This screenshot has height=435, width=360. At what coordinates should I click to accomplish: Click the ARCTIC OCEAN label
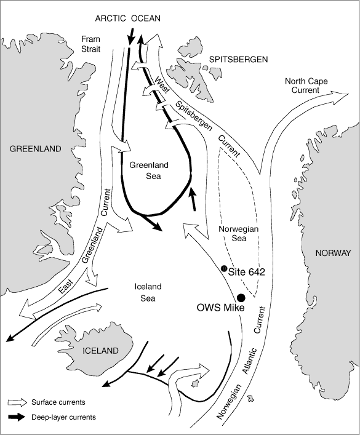pyautogui.click(x=127, y=18)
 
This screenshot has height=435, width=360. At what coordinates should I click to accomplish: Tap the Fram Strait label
pyautogui.click(x=90, y=44)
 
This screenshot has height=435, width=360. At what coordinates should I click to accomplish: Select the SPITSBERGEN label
pyautogui.click(x=238, y=59)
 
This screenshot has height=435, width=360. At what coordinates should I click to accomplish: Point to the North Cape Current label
pyautogui.click(x=306, y=86)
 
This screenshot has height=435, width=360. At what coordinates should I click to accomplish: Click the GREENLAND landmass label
pyautogui.click(x=36, y=149)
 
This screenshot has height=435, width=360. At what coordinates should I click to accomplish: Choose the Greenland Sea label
pyautogui.click(x=149, y=170)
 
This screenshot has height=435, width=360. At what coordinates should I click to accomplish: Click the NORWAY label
pyautogui.click(x=334, y=253)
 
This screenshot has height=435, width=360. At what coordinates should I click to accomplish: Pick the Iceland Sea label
pyautogui.click(x=148, y=292)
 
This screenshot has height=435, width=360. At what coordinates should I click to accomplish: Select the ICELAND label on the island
pyautogui.click(x=101, y=351)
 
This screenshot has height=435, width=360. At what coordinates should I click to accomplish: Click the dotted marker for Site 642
pyautogui.click(x=224, y=268)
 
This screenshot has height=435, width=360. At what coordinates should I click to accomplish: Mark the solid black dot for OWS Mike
pyautogui.click(x=241, y=298)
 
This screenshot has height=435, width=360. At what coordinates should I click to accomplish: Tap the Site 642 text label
pyautogui.click(x=247, y=272)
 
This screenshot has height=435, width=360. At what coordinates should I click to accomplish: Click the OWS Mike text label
pyautogui.click(x=221, y=308)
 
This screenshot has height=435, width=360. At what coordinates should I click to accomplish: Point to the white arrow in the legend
pyautogui.click(x=17, y=402)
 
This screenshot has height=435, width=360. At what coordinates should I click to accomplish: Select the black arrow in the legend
pyautogui.click(x=17, y=417)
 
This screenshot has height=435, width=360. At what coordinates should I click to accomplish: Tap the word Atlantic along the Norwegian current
pyautogui.click(x=250, y=361)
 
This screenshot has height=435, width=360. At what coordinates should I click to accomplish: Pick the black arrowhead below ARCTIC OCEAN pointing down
pyautogui.click(x=130, y=40)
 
